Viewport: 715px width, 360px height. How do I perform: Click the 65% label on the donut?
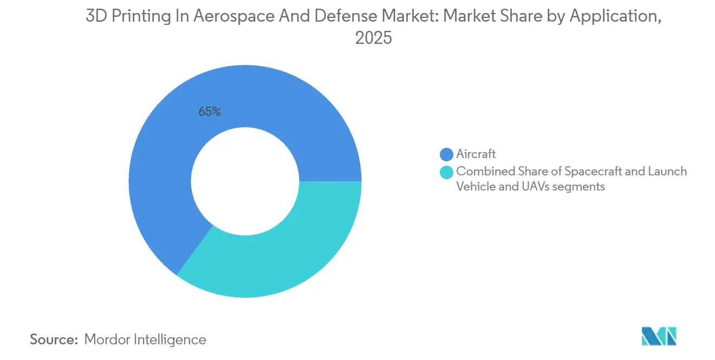click(210, 112)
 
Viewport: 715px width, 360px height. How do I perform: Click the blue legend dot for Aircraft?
click(446, 154)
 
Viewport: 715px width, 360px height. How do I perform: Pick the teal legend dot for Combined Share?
click(446, 172)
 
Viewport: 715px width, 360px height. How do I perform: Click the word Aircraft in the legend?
click(476, 154)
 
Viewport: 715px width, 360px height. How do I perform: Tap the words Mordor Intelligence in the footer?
click(145, 339)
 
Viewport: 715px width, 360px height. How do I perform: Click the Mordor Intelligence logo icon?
click(659, 336)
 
